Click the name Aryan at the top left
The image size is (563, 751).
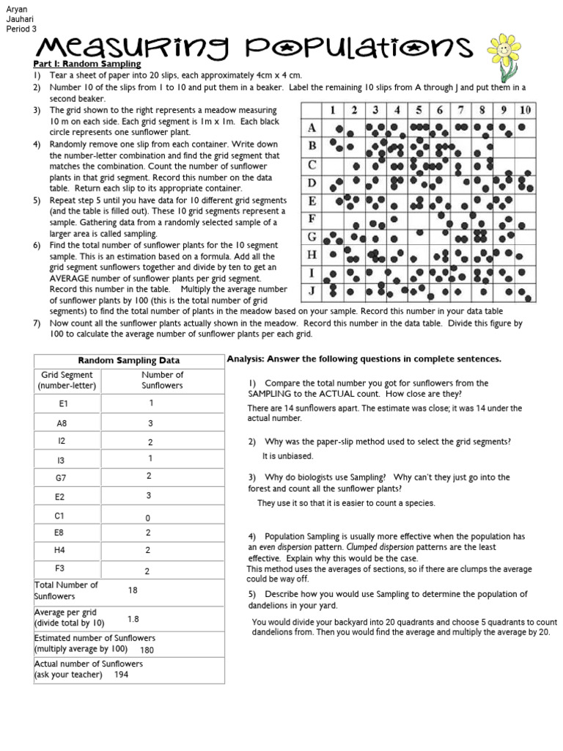tap(16, 9)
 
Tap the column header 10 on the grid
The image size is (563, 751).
tap(525, 110)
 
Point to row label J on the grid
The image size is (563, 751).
tap(312, 290)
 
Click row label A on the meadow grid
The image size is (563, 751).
tap(312, 128)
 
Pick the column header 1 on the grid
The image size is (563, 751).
tap(333, 110)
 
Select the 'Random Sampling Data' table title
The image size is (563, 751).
tap(129, 360)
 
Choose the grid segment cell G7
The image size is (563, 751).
tap(62, 477)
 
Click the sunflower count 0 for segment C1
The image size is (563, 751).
tap(148, 518)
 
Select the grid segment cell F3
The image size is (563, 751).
tap(62, 568)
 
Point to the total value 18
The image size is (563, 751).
tap(133, 590)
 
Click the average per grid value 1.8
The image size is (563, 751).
tap(133, 619)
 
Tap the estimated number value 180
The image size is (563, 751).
tap(147, 650)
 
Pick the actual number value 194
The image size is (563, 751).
tap(122, 675)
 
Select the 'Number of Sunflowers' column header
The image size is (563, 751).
tap(162, 380)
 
